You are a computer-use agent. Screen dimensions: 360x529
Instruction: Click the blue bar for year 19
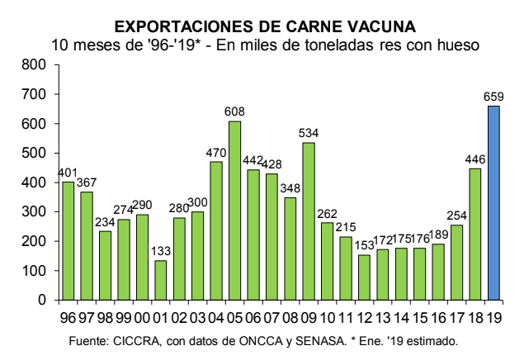click(494, 203)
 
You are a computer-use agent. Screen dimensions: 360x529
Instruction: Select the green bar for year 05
click(234, 211)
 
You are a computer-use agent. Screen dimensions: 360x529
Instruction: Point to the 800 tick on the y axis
click(34, 64)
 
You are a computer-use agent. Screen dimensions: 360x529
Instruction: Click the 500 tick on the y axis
click(34, 153)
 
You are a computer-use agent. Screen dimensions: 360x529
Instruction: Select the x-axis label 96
click(68, 315)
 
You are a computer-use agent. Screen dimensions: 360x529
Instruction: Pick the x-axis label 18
click(475, 315)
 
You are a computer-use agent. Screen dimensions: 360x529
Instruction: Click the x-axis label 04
click(216, 315)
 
